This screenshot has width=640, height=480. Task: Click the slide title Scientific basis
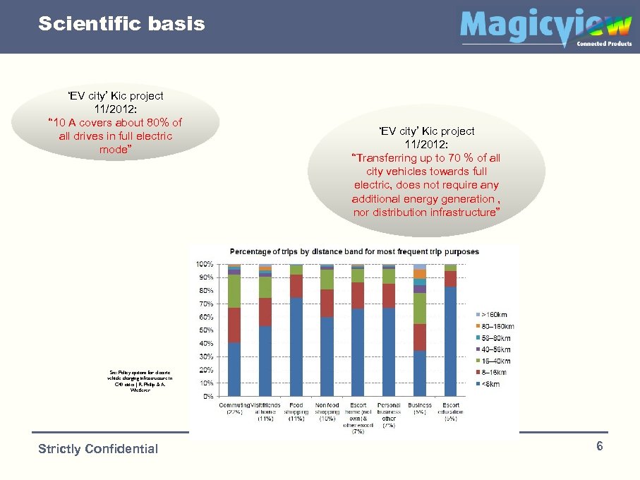click(x=121, y=24)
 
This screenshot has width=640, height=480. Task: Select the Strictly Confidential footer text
click(x=98, y=449)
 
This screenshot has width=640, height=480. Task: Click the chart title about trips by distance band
click(x=354, y=251)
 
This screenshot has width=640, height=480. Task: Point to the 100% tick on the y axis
click(x=205, y=264)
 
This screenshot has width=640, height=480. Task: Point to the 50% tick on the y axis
click(x=206, y=330)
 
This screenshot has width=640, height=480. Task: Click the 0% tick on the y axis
click(x=208, y=397)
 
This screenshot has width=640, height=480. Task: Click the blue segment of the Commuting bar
click(x=234, y=369)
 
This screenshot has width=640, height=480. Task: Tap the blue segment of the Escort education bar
click(x=450, y=342)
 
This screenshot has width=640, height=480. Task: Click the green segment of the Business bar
click(x=420, y=308)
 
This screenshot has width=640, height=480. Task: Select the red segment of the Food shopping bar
click(x=296, y=286)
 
